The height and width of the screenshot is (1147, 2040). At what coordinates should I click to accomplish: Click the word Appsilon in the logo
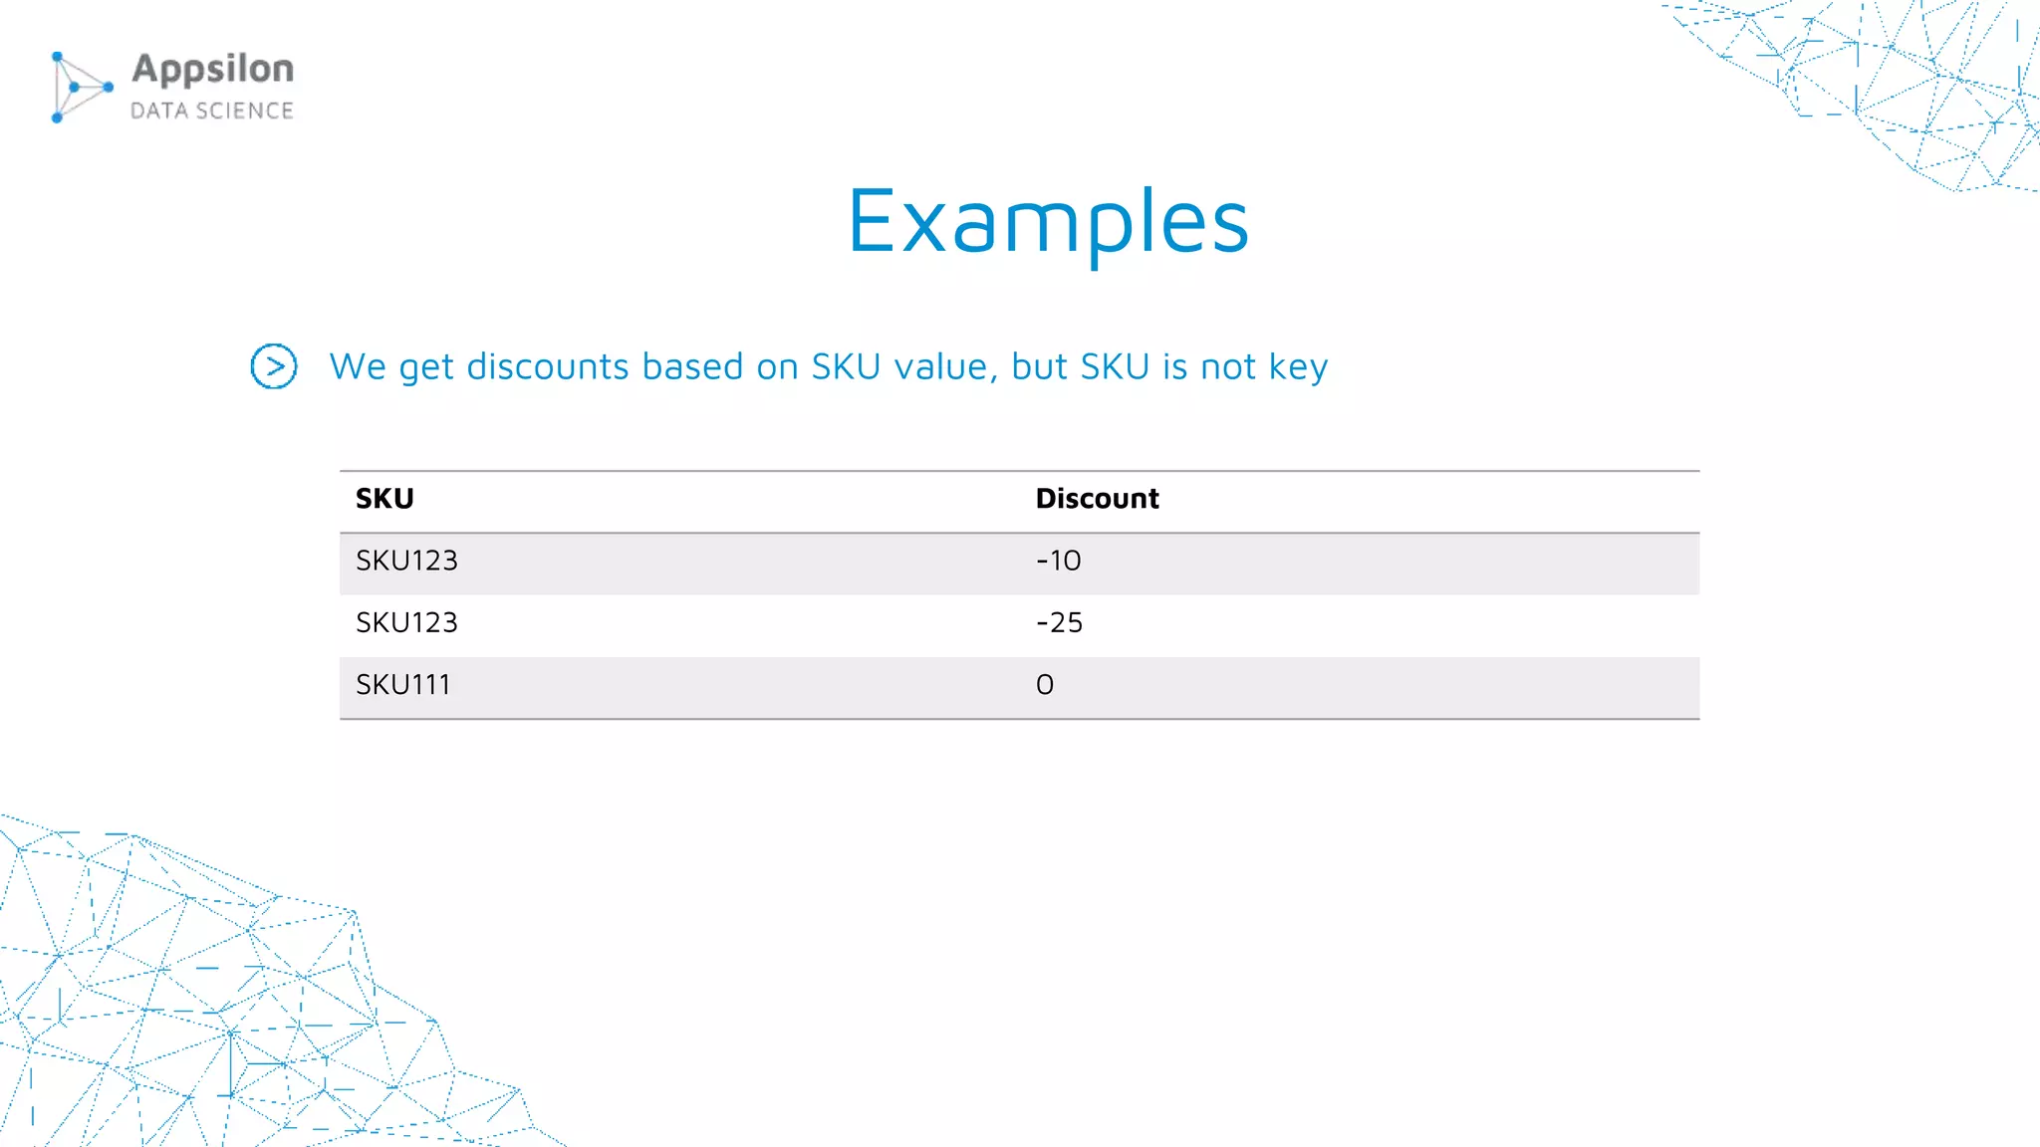[x=212, y=70]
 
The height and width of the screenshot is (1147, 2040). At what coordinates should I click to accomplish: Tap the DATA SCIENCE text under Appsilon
[x=212, y=111]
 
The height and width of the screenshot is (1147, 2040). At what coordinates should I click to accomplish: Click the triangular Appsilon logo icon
[x=80, y=88]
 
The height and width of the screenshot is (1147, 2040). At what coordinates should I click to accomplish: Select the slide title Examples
[x=1048, y=222]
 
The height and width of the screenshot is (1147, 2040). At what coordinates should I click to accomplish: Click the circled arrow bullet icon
[x=274, y=366]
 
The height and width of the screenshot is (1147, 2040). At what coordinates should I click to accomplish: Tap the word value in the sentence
[x=946, y=366]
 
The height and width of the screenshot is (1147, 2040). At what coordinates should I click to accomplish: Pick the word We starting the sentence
[x=358, y=366]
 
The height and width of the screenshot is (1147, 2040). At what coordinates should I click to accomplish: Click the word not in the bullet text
[x=1228, y=366]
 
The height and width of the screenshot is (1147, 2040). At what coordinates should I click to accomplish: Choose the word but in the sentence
[x=1040, y=366]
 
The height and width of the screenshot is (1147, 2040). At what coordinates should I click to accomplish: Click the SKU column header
[x=384, y=499]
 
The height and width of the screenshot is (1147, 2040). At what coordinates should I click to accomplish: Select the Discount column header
[x=1097, y=499]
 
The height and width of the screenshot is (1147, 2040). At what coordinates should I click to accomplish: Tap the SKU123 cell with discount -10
[x=406, y=562]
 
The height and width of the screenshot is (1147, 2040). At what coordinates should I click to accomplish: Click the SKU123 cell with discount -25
[x=406, y=623]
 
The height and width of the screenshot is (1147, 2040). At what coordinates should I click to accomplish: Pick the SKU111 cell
[x=403, y=685]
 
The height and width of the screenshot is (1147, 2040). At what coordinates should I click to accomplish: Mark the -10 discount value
[x=1058, y=562]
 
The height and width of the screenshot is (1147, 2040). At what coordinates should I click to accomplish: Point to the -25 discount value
[x=1059, y=623]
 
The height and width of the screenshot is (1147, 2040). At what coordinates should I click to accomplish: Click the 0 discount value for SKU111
[x=1045, y=685]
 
